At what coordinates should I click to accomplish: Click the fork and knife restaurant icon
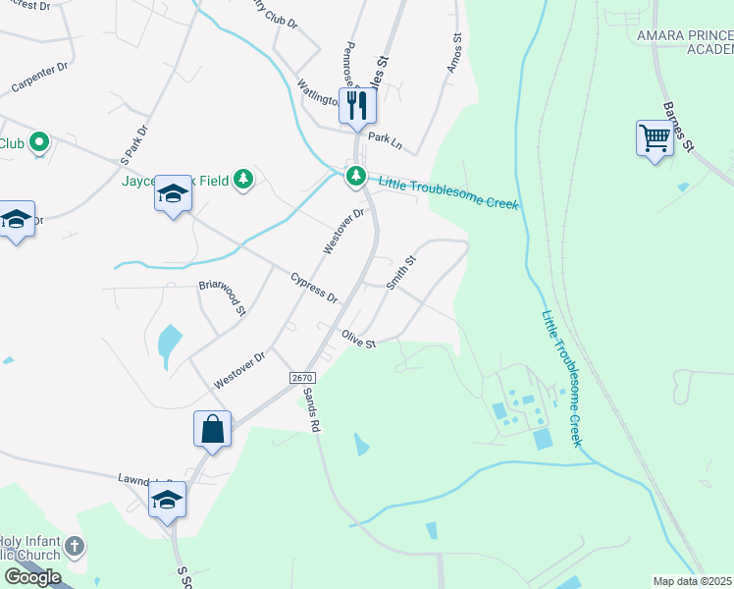pyautogui.click(x=357, y=105)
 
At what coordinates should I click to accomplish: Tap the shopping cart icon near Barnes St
pyautogui.click(x=654, y=137)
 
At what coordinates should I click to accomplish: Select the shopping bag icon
pyautogui.click(x=212, y=429)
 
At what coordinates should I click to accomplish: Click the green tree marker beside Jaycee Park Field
pyautogui.click(x=244, y=179)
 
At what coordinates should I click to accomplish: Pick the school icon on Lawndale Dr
pyautogui.click(x=167, y=500)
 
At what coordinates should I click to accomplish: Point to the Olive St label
pyautogui.click(x=358, y=340)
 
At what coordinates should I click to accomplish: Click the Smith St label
pyautogui.click(x=401, y=273)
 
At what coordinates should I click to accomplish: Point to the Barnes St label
pyautogui.click(x=678, y=128)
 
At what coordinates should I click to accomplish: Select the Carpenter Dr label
pyautogui.click(x=38, y=78)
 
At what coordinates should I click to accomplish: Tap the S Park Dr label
pyautogui.click(x=132, y=143)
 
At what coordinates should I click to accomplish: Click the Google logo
pyautogui.click(x=32, y=577)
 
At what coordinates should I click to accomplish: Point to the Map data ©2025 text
pyautogui.click(x=692, y=581)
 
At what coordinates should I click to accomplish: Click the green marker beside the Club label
pyautogui.click(x=39, y=143)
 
